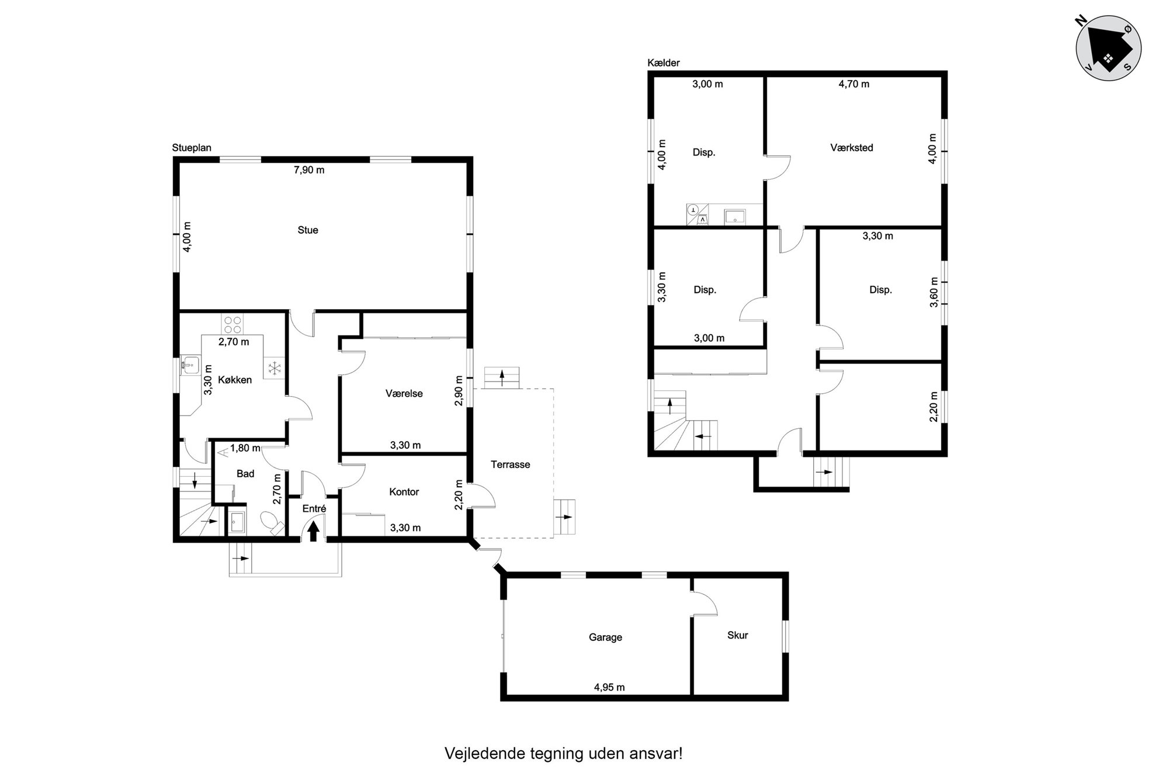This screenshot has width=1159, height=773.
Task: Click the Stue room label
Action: [308, 230]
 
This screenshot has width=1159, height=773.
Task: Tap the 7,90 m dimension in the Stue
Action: [309, 171]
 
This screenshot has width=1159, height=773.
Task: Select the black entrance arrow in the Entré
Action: [314, 531]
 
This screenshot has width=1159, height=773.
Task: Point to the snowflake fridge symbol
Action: [275, 369]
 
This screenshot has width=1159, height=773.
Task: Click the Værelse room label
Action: [404, 394]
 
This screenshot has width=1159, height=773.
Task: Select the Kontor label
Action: [404, 492]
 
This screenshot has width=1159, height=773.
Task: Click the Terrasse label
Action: [511, 465]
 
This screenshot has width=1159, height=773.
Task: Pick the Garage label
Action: [605, 637]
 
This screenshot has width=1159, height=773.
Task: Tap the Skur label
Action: [738, 635]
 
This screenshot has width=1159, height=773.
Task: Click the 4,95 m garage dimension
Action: [609, 688]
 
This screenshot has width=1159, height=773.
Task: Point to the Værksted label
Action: [852, 148]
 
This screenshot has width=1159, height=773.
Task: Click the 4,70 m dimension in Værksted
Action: [854, 84]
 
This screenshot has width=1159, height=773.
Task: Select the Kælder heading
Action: [664, 63]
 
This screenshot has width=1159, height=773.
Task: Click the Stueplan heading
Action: [192, 148]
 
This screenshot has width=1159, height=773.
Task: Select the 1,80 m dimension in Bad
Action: [245, 449]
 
